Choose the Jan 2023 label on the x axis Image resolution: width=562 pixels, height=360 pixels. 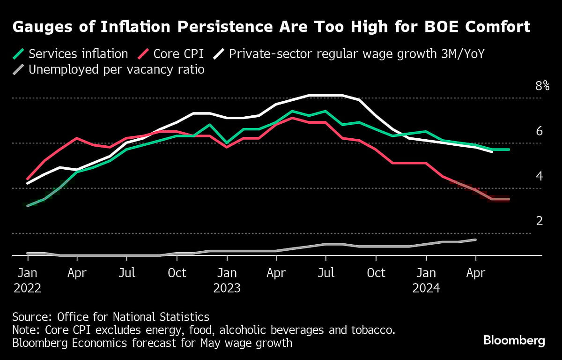(227, 280)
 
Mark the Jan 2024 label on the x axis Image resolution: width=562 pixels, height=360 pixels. (426, 280)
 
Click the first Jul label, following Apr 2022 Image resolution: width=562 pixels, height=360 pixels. (127, 272)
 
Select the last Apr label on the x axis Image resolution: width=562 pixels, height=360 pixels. (476, 272)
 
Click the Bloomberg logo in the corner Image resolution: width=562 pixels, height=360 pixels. (514, 340)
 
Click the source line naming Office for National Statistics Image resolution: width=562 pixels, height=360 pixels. (111, 316)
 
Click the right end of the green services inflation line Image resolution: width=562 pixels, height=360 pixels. (509, 150)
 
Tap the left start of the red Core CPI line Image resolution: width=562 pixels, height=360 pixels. (28, 179)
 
